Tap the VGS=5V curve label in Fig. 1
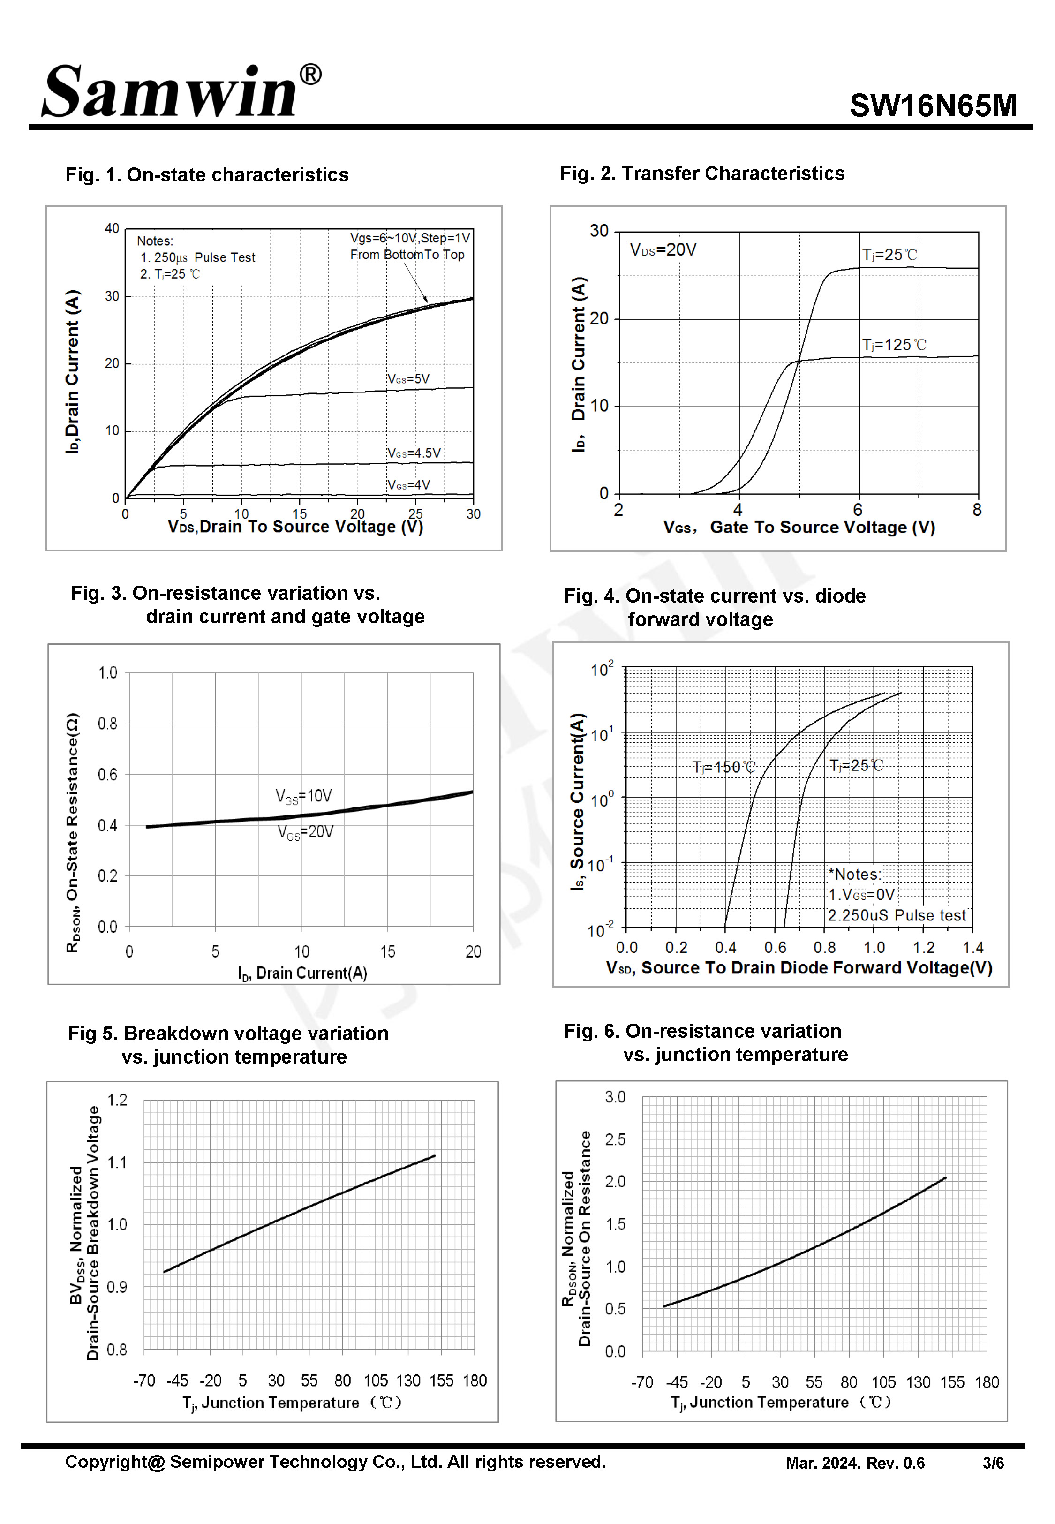(x=408, y=379)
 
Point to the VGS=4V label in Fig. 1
(x=408, y=485)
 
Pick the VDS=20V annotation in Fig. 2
(x=663, y=250)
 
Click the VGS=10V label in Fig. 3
(x=303, y=796)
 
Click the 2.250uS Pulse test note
(x=897, y=915)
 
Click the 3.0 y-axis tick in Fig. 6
(x=615, y=1097)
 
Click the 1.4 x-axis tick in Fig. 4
(x=972, y=947)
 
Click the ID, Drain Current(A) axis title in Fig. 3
(x=302, y=973)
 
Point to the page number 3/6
(x=992, y=1463)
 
